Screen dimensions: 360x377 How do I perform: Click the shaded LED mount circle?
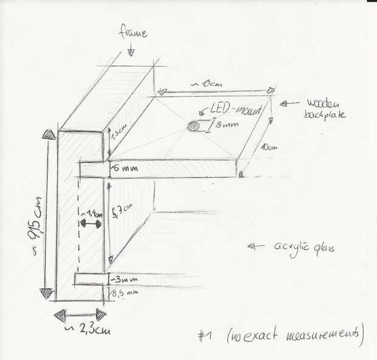click(193, 126)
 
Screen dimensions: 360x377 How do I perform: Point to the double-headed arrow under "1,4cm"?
click(91, 224)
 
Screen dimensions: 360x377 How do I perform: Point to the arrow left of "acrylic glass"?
click(256, 246)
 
